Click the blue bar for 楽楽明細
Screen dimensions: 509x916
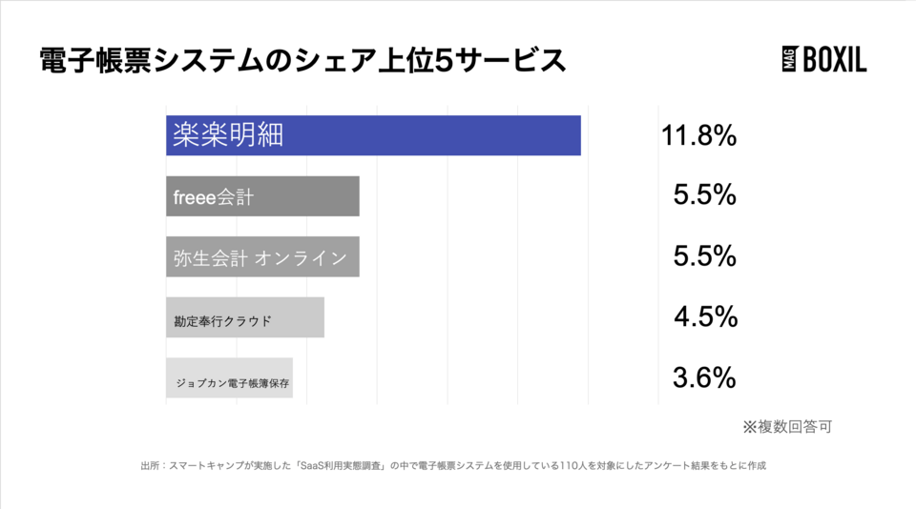pyautogui.click(x=373, y=135)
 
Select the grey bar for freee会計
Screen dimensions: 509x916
pyautogui.click(x=262, y=196)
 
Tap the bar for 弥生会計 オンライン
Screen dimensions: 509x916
pyautogui.click(x=262, y=256)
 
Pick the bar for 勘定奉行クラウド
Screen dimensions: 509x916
pyautogui.click(x=245, y=317)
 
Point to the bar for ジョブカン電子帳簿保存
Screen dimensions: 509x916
pyautogui.click(x=229, y=378)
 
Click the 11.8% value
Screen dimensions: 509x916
pyautogui.click(x=698, y=135)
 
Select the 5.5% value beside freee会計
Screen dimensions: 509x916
pyautogui.click(x=704, y=195)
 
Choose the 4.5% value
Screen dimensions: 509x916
pyautogui.click(x=704, y=316)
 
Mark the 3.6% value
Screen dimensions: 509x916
pyautogui.click(x=704, y=377)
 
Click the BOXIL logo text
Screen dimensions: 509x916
pyautogui.click(x=835, y=62)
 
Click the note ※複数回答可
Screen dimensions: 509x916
pyautogui.click(x=786, y=426)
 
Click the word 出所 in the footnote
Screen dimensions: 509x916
pyautogui.click(x=150, y=466)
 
